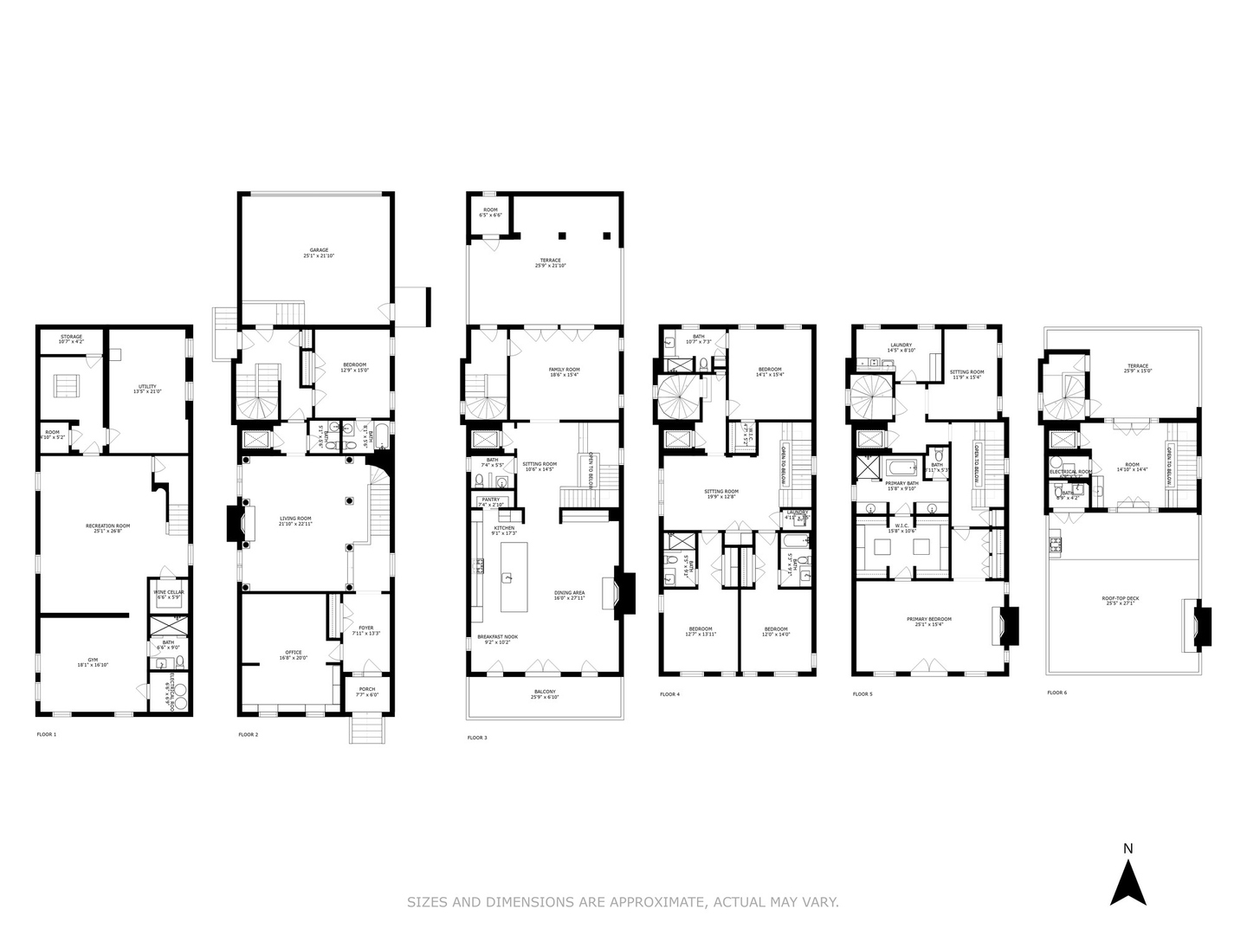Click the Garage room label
pyautogui.click(x=315, y=250)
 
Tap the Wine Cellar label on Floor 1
pyautogui.click(x=168, y=593)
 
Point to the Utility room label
pyautogui.click(x=148, y=387)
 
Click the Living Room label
pyautogui.click(x=294, y=519)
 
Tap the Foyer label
pyautogui.click(x=365, y=628)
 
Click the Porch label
pyautogui.click(x=366, y=689)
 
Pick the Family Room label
pyautogui.click(x=564, y=370)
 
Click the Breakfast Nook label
pyautogui.click(x=493, y=637)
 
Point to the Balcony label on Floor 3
pyautogui.click(x=545, y=691)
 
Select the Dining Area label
pyautogui.click(x=569, y=593)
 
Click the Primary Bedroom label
pyautogui.click(x=928, y=619)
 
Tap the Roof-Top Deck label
pyautogui.click(x=1119, y=597)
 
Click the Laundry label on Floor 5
pyautogui.click(x=901, y=345)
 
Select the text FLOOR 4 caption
pyautogui.click(x=669, y=694)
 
